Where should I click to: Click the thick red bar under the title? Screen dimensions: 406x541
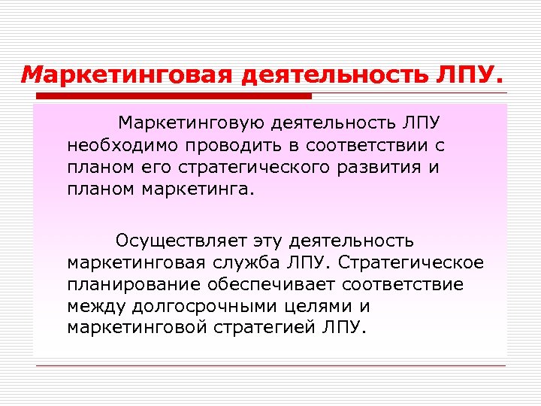pos(172,96)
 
